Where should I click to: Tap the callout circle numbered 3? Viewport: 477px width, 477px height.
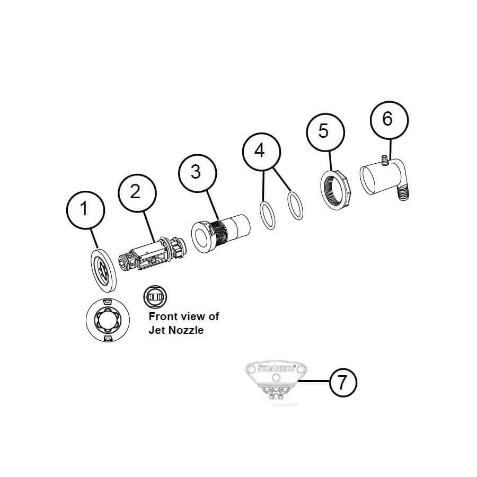(x=196, y=171)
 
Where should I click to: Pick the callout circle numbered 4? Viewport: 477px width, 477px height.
(x=259, y=151)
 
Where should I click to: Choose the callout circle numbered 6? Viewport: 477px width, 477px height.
(x=388, y=119)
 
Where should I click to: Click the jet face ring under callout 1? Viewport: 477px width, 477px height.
(x=104, y=269)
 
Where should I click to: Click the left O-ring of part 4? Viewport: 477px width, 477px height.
(x=268, y=216)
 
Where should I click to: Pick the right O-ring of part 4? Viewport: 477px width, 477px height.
(x=295, y=206)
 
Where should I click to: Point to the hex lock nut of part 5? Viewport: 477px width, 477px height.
(x=335, y=188)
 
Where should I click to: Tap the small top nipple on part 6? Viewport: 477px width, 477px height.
(x=384, y=158)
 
